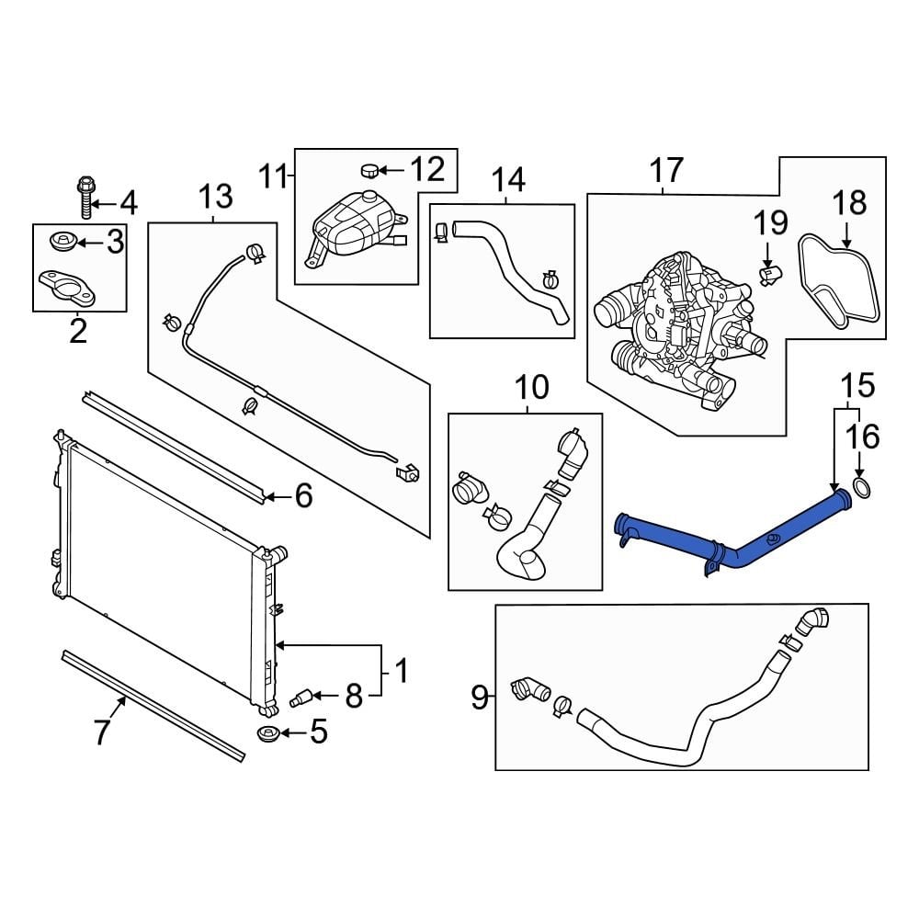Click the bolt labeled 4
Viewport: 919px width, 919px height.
point(83,197)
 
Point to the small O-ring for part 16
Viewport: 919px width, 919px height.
point(862,487)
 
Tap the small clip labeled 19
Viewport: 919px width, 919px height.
point(770,271)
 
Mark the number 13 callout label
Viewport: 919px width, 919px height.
point(215,197)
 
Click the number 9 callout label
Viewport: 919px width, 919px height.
point(479,698)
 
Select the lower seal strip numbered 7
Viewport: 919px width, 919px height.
point(152,705)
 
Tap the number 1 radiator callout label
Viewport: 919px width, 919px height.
point(402,672)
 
